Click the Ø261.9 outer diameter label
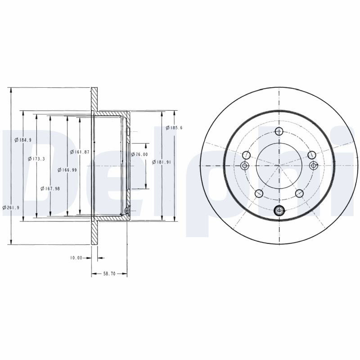11,207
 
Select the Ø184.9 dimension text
23,139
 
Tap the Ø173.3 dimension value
36,159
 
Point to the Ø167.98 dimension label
50,189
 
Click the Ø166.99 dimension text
67,170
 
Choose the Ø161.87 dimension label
80,152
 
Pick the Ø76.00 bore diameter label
139,154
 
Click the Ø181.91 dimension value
162,162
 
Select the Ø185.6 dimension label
174,128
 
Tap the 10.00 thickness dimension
76,258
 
